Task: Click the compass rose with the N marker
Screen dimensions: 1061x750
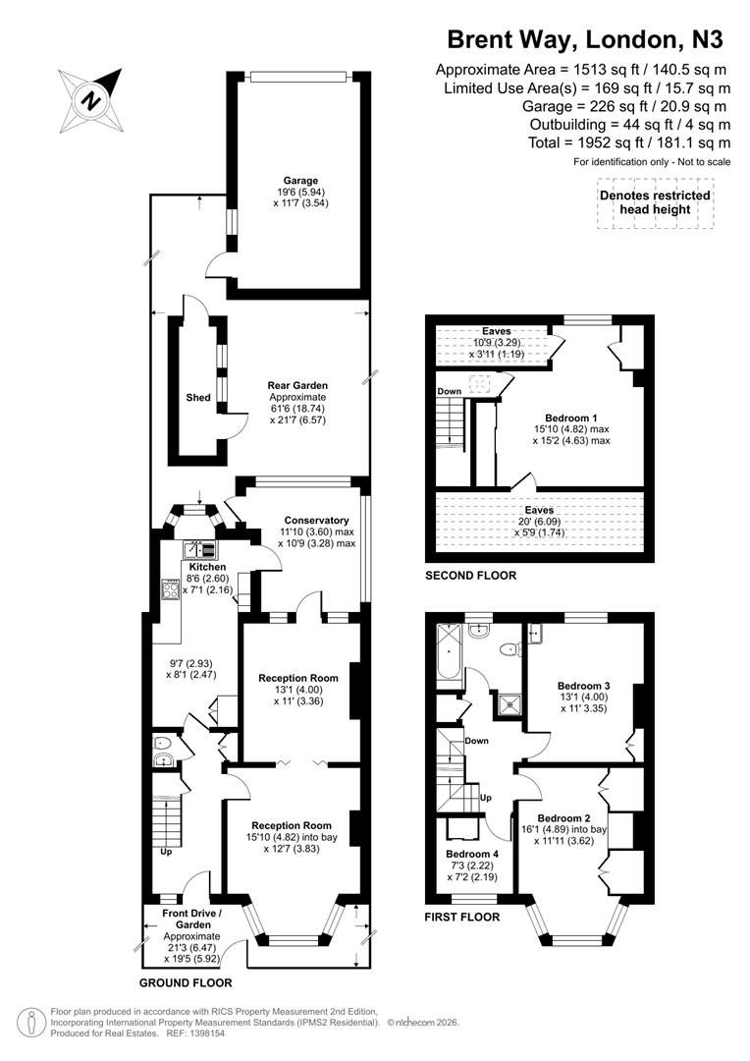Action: tap(91, 99)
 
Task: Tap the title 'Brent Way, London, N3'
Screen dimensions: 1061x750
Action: tap(585, 39)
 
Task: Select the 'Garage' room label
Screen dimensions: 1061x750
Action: tap(301, 181)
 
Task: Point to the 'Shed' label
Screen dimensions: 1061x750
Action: tap(198, 398)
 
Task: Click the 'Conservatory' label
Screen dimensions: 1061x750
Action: tap(316, 520)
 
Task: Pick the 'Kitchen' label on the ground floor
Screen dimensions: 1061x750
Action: tap(207, 567)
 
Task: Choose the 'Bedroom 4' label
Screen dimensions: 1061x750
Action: tap(471, 854)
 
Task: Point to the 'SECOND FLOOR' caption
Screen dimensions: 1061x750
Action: tap(469, 576)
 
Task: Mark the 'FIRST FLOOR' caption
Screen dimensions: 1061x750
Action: tap(461, 917)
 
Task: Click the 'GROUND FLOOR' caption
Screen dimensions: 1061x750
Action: tap(186, 981)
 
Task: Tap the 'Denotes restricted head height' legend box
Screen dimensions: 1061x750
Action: tap(655, 203)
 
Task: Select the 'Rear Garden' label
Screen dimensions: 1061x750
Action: tap(297, 385)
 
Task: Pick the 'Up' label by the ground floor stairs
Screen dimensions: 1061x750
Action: tap(165, 851)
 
